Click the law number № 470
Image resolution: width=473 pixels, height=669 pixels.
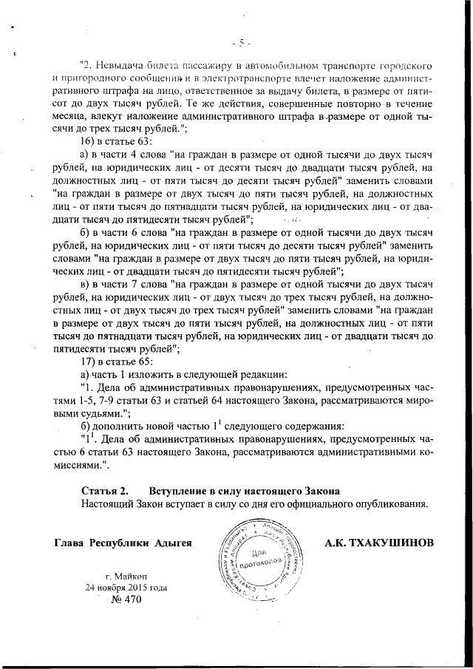(126, 601)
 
